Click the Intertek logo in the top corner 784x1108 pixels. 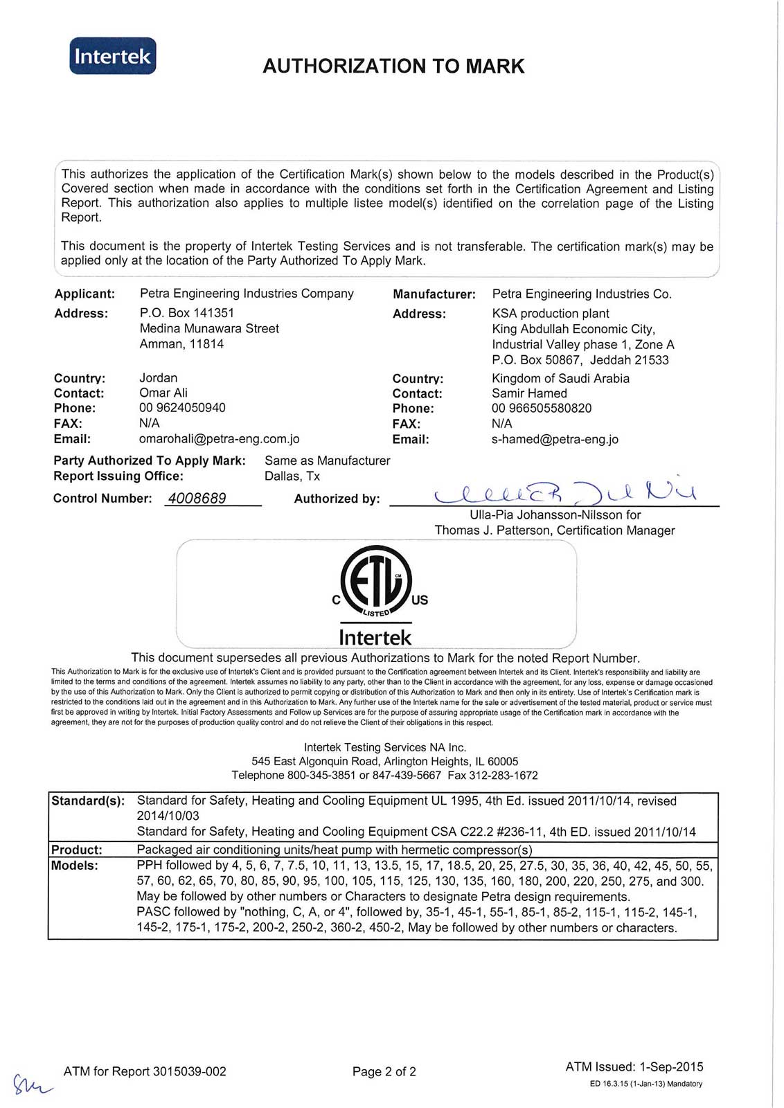click(113, 56)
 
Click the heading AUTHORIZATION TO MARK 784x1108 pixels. click(393, 66)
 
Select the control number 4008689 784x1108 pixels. click(197, 499)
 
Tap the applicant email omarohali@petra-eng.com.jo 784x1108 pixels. click(219, 439)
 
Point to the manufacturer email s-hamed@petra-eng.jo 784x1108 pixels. click(555, 439)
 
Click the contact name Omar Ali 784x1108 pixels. click(163, 393)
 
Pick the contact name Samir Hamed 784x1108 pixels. click(529, 393)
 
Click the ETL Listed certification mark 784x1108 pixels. click(376, 582)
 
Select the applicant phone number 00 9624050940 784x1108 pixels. click(182, 408)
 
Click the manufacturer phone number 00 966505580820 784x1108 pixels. click(542, 409)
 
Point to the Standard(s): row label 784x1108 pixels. click(88, 801)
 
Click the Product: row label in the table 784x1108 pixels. click(77, 850)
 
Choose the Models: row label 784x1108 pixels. click(75, 866)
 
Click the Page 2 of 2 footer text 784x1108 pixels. click(384, 1072)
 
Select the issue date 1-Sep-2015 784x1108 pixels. click(671, 1067)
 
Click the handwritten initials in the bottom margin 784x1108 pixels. click(30, 1082)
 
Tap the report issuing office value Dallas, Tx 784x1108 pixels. click(292, 476)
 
